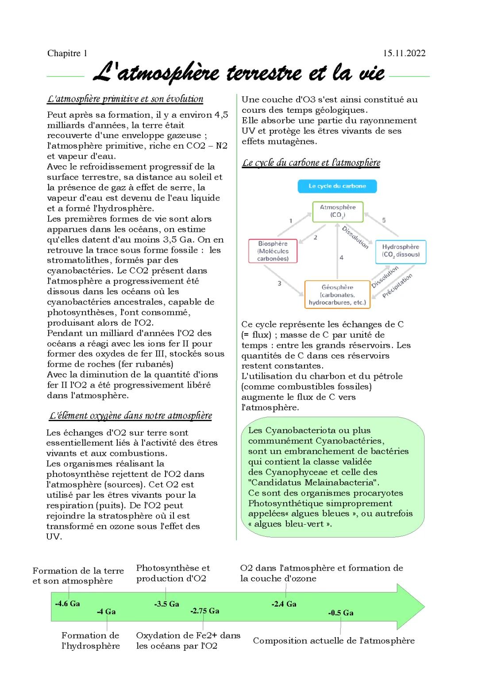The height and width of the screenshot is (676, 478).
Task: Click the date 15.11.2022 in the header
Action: click(x=404, y=54)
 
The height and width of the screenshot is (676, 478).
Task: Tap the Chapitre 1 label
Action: click(x=67, y=54)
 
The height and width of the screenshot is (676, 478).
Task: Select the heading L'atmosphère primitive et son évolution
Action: click(x=125, y=99)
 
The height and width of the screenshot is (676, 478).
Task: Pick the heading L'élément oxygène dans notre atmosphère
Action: click(x=131, y=416)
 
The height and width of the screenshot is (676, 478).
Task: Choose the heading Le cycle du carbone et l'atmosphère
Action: click(x=311, y=163)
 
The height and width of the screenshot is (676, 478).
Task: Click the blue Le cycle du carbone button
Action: click(x=337, y=186)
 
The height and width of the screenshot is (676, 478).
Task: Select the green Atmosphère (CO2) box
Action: click(x=337, y=211)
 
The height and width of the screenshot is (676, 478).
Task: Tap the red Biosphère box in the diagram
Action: click(x=273, y=251)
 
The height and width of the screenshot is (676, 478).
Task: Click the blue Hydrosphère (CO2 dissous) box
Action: click(x=401, y=251)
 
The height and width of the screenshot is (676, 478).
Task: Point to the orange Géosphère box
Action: click(x=337, y=295)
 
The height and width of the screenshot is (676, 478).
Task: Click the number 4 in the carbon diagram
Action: click(x=341, y=257)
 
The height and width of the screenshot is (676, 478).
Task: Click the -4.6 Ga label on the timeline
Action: click(x=67, y=603)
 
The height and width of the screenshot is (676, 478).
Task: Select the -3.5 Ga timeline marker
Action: click(x=166, y=604)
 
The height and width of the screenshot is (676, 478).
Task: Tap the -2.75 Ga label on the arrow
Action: click(x=205, y=611)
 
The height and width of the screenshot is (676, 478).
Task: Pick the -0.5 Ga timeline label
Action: click(x=340, y=613)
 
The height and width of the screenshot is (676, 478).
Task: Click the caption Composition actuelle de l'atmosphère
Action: click(x=334, y=641)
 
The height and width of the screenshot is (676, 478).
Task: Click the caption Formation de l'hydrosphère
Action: click(x=90, y=641)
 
